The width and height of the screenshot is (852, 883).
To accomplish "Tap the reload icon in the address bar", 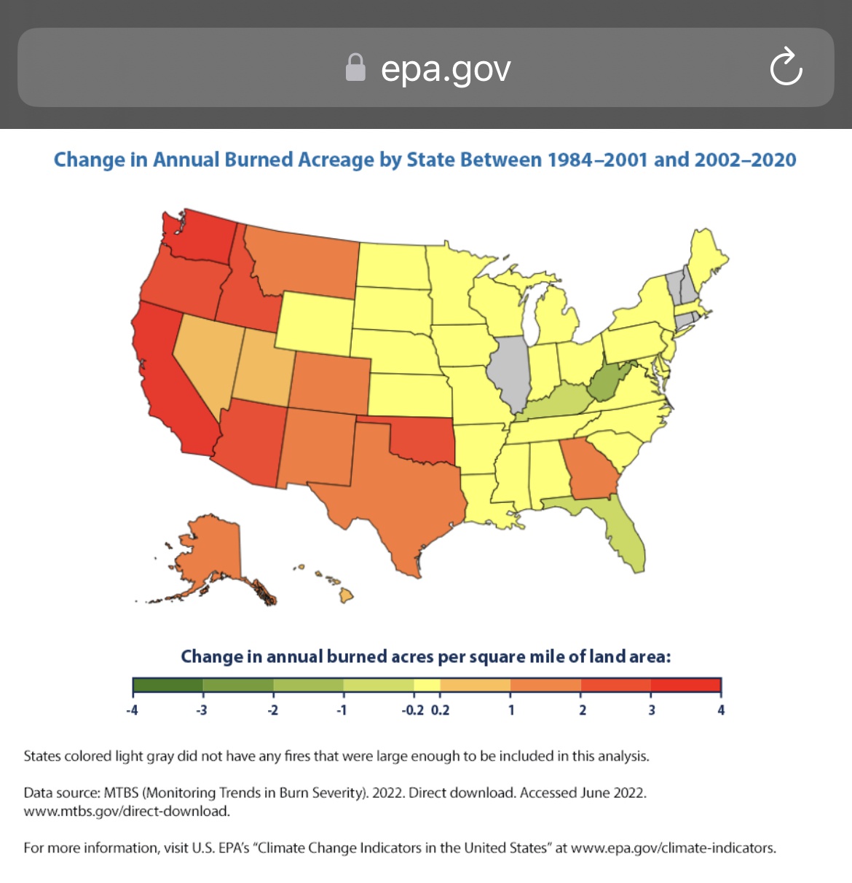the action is point(786,66).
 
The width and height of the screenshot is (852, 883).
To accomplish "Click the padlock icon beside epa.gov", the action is point(355,68).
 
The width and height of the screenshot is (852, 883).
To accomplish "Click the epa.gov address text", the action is point(446,70).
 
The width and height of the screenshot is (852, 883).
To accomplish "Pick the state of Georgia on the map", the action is point(589,468).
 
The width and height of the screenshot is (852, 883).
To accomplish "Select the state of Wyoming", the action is point(315,323).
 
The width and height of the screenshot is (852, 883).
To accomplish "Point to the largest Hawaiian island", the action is point(347,595).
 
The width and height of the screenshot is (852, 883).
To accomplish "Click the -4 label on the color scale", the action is point(132,710).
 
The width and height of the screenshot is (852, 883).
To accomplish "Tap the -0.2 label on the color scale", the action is point(413,710).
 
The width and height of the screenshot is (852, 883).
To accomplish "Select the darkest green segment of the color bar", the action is point(167,685).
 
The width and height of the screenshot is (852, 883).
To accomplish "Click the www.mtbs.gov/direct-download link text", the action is point(127,811).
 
